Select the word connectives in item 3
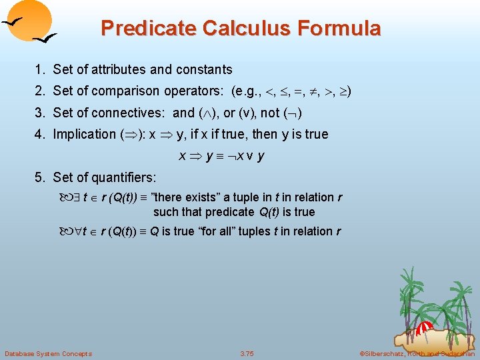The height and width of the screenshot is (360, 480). tap(133, 113)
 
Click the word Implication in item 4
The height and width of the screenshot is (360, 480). tap(85, 134)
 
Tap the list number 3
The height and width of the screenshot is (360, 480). tap(40, 113)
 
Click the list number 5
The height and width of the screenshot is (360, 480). tap(40, 177)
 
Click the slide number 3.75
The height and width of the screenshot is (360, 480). tap(247, 353)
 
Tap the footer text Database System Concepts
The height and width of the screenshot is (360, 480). tap(48, 353)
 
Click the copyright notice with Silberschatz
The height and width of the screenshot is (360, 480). tap(417, 353)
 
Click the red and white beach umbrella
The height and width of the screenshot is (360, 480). tap(425, 328)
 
